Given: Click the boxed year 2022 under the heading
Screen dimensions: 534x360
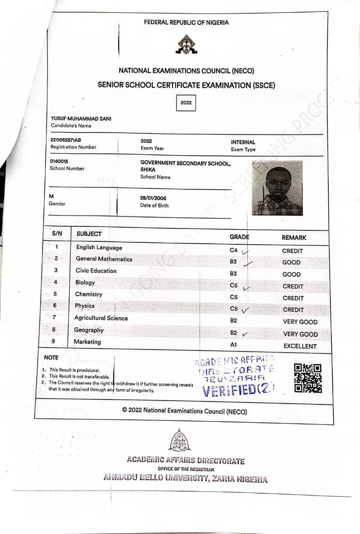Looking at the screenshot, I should point(186,103).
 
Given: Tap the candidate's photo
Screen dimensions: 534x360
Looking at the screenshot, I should point(277,188).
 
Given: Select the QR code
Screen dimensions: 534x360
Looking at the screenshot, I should point(308,378).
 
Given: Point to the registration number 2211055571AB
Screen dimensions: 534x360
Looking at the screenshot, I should point(66,140).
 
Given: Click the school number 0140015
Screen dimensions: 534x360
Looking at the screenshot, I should point(59,161).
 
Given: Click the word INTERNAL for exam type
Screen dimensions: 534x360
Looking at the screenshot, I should point(243,142).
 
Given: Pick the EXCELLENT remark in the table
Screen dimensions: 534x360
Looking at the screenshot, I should point(300,346).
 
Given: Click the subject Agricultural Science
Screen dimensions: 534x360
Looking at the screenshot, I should point(101,318).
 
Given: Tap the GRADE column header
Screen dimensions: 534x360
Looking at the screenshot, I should point(239,237).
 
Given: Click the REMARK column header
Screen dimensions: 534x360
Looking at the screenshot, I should point(294,237).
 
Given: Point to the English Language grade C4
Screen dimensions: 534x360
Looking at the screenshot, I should point(234,251).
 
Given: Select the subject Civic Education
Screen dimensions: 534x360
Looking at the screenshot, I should point(96,270).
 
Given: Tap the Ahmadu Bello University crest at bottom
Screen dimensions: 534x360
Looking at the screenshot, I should point(180,440).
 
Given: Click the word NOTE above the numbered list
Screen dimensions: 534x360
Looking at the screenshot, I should point(51,357).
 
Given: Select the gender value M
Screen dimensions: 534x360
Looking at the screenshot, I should point(51,196).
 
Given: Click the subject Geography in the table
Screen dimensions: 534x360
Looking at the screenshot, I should point(89,330).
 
